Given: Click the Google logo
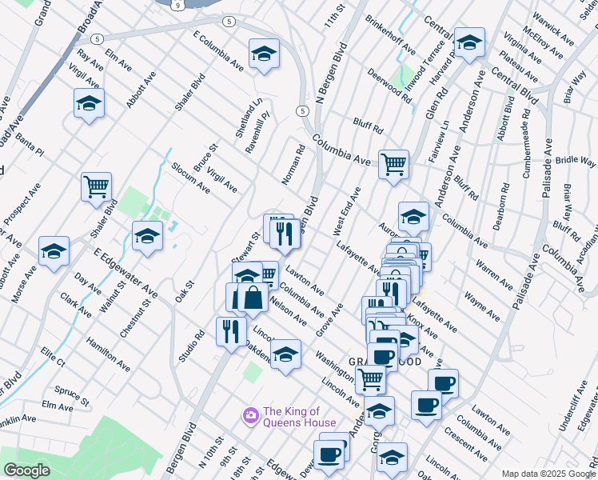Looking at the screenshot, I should (26, 470).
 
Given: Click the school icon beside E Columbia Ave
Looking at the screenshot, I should (264, 54).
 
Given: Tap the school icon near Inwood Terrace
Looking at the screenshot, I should (469, 43).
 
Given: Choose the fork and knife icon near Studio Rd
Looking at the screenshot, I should (231, 331).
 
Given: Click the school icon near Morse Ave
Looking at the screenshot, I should (54, 251).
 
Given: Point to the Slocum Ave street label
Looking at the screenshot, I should (190, 178).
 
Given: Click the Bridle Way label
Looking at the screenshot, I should (576, 161).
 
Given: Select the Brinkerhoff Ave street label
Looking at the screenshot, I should (390, 34).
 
